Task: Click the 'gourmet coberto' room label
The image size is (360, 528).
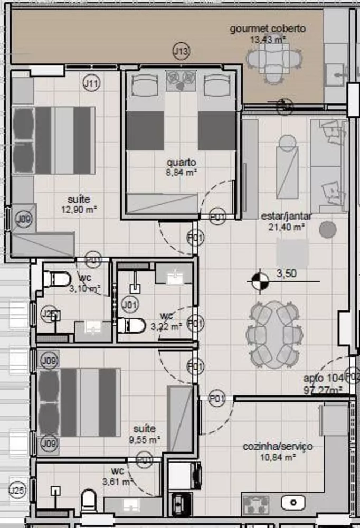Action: pos(268,29)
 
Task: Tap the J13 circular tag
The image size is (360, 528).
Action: pos(181,51)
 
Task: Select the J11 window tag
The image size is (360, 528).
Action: pos(91,82)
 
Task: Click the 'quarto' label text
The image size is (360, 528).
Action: pos(180,162)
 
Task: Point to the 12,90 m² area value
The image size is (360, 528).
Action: pos(79,209)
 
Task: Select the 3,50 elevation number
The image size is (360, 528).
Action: pos(287,274)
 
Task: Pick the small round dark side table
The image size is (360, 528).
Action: pos(328,229)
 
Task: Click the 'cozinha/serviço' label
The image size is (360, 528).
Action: pos(278,447)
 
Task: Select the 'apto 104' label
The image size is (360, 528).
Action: pos(323,378)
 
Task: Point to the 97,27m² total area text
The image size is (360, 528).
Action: pos(323,390)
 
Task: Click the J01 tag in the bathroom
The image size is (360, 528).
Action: pos(129,304)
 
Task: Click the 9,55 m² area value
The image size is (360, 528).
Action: pos(147,439)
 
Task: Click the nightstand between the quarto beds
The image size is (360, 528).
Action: pos(181,81)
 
